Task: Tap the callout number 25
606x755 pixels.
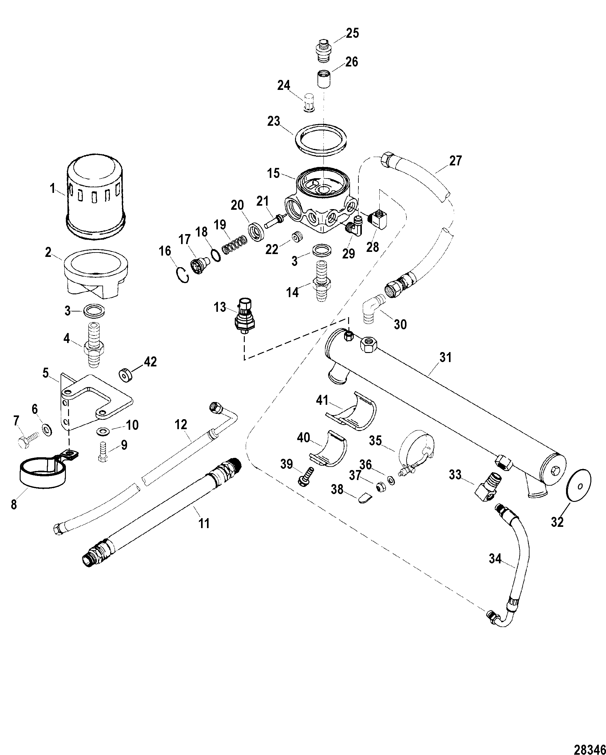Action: pyautogui.click(x=352, y=33)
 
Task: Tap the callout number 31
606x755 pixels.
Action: pyautogui.click(x=445, y=358)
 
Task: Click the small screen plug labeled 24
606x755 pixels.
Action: pyautogui.click(x=308, y=102)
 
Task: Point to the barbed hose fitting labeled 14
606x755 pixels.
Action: pyautogui.click(x=321, y=281)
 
